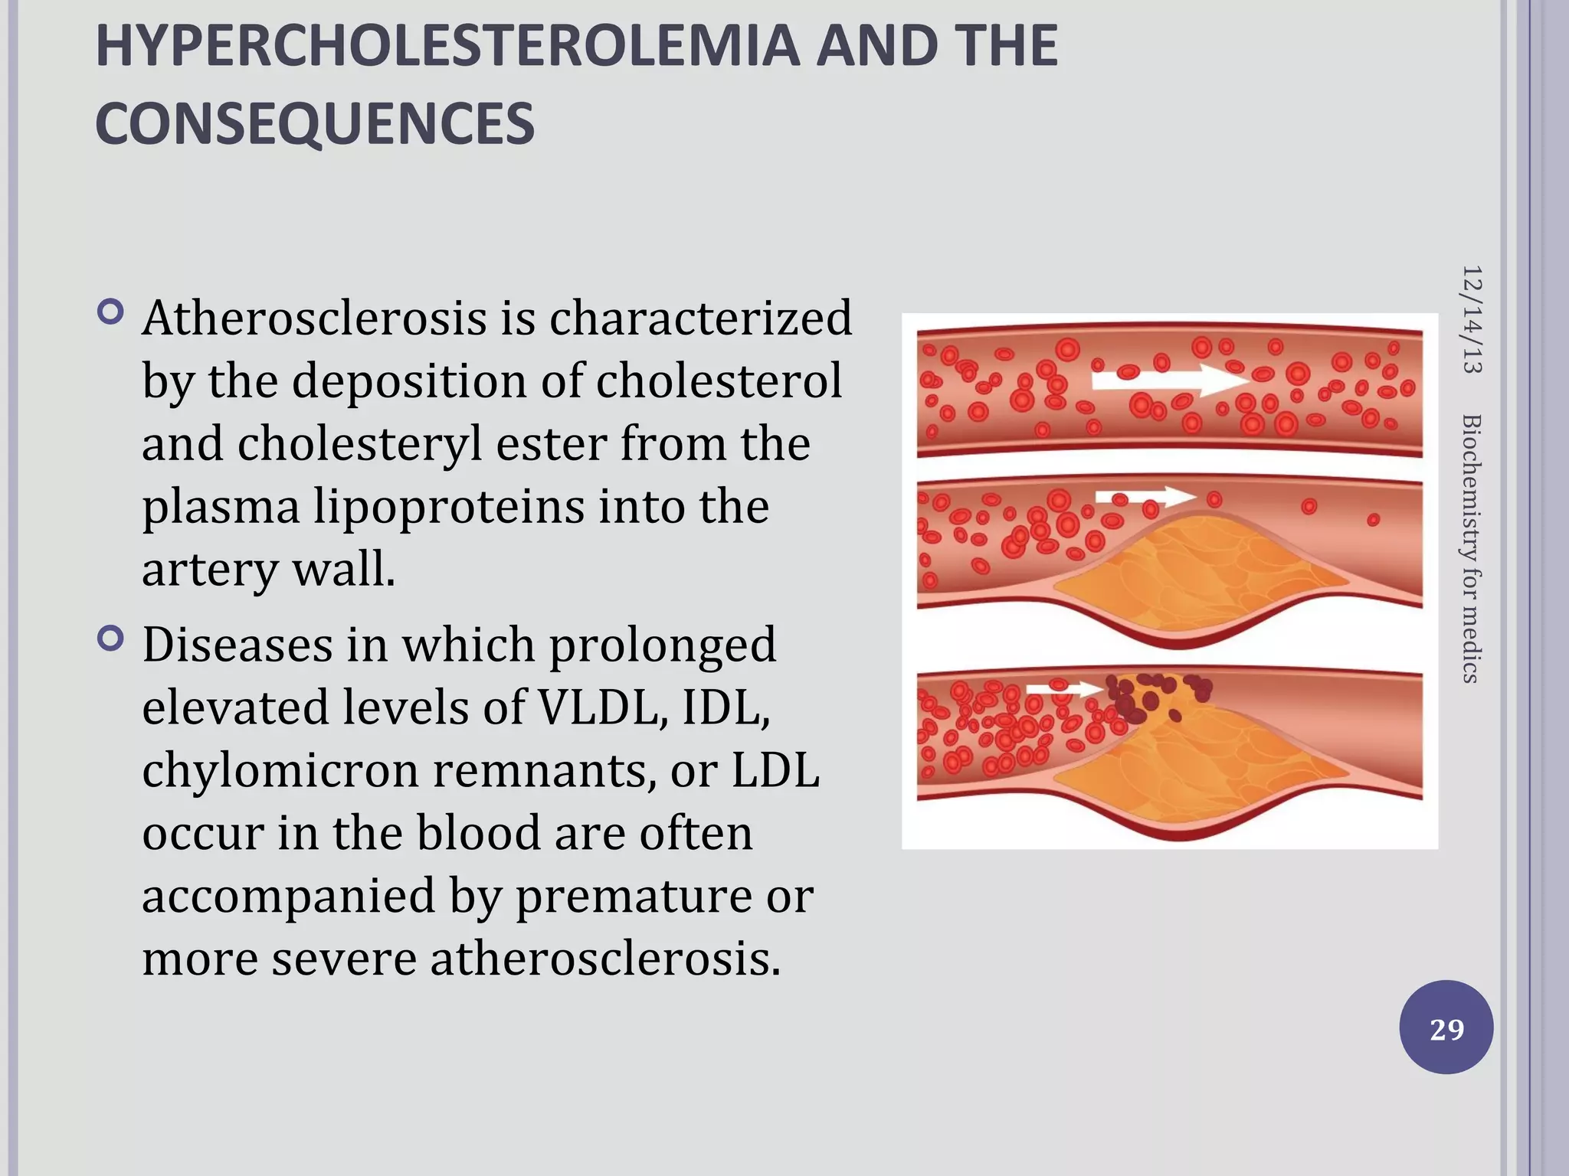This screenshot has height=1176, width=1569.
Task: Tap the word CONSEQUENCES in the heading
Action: [315, 124]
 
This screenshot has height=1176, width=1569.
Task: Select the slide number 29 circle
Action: [1446, 1027]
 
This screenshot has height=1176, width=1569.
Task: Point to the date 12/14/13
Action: [1472, 319]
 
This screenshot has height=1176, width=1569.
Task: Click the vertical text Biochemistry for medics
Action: [1472, 548]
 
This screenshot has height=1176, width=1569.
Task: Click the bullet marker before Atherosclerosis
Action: [111, 312]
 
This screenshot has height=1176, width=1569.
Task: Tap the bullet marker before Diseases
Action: [111, 639]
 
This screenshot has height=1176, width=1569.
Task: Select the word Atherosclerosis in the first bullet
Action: [314, 318]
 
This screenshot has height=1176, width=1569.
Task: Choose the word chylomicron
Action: [280, 770]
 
